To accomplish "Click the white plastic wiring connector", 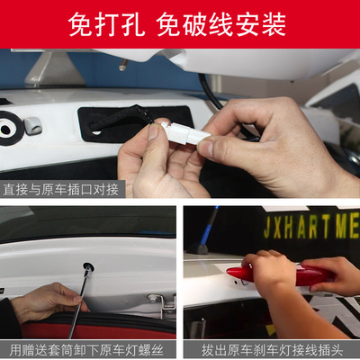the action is coord(185,133).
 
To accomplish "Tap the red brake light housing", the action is coord(282,275).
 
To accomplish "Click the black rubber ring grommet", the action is coord(9,128).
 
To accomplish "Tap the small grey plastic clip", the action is coord(32,125).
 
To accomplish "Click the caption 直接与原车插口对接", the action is coord(61,190).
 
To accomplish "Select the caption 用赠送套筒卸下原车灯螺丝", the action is coord(86,350).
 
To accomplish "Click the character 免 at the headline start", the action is coord(80,24).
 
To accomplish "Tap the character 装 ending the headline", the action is coord(274,24).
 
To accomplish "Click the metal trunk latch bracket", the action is coord(162,303).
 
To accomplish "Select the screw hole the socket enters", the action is coord(88,266).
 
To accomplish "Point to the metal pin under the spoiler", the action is coord(123,65).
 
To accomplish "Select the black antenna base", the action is coord(198,248).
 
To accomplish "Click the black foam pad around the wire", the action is coord(135,124).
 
